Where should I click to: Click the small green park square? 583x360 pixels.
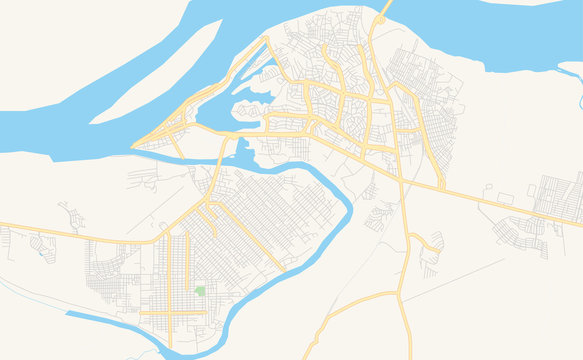(x=200, y=291)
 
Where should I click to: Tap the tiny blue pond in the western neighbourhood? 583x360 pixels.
(x=41, y=254)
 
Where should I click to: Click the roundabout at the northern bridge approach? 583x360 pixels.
(x=380, y=20)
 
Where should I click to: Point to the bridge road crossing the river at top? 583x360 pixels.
(x=385, y=7)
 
